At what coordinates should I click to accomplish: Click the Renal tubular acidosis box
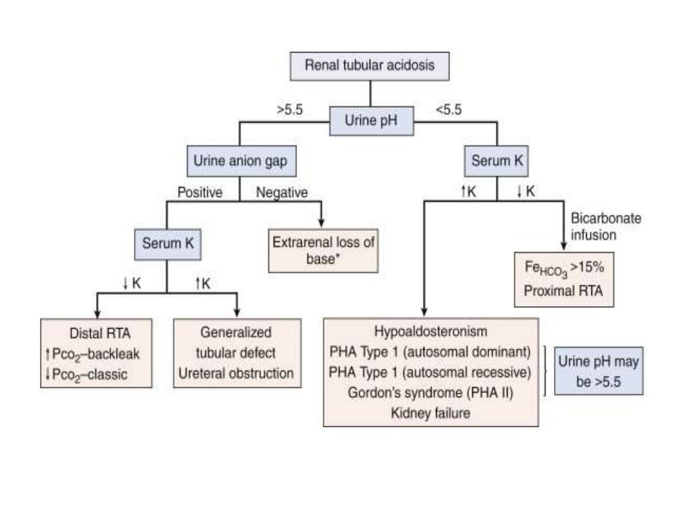[370, 65]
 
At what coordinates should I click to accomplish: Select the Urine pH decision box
[372, 122]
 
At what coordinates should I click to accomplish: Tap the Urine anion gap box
[242, 161]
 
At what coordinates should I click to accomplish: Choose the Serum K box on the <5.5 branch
[497, 161]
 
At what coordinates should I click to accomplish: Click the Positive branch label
[199, 194]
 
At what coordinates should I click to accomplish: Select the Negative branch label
[282, 194]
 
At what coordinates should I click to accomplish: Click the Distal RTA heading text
[96, 333]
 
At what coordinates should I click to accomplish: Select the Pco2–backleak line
[96, 353]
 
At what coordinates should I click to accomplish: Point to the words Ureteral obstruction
[236, 373]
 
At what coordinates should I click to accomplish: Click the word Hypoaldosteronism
[430, 331]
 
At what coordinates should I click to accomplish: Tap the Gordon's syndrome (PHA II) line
[430, 392]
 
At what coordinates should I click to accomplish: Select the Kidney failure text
[430, 413]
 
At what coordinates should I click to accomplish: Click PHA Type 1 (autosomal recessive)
[430, 371]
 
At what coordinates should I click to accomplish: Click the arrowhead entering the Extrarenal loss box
[323, 222]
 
